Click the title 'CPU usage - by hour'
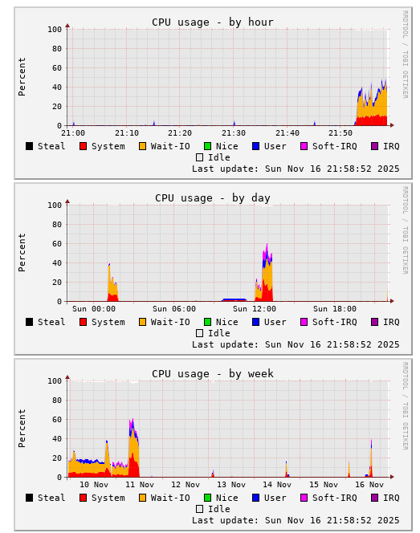(x=213, y=22)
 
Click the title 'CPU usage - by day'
(x=213, y=198)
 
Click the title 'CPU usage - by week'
(x=213, y=374)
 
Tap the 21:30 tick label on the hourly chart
(x=234, y=133)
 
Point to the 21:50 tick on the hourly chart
(x=340, y=133)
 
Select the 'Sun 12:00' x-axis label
(x=255, y=309)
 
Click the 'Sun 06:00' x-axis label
(x=174, y=309)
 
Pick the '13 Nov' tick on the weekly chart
(x=231, y=485)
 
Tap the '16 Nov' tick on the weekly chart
(x=369, y=485)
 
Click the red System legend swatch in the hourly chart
(x=83, y=146)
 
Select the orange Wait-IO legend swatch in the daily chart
(x=142, y=322)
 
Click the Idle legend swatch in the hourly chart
(x=200, y=157)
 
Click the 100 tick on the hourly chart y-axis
(x=55, y=30)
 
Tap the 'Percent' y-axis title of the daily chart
(x=22, y=252)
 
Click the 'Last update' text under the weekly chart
(x=296, y=520)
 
